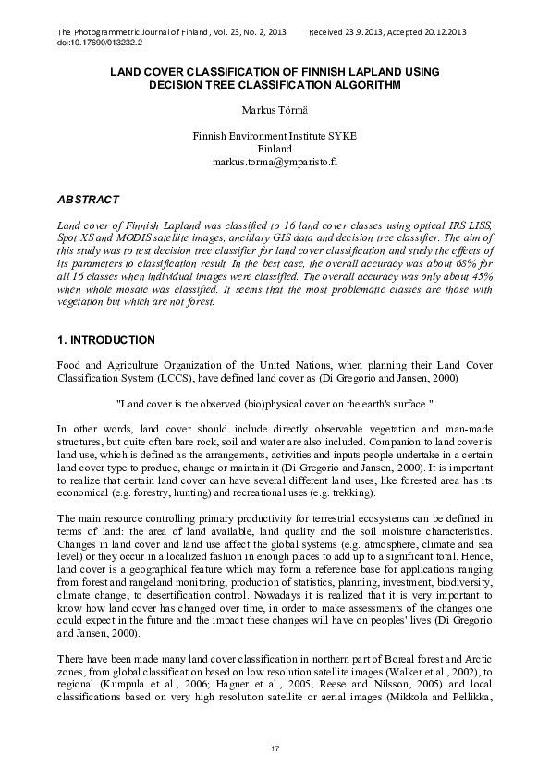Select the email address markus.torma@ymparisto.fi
tap(275, 161)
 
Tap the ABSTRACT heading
tap(88, 200)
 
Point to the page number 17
tap(275, 747)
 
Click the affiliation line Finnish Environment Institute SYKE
tap(275, 135)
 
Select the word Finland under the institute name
tap(275, 148)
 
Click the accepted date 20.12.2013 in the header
tap(443, 32)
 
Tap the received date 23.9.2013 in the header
tap(366, 32)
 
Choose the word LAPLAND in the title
tap(364, 71)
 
